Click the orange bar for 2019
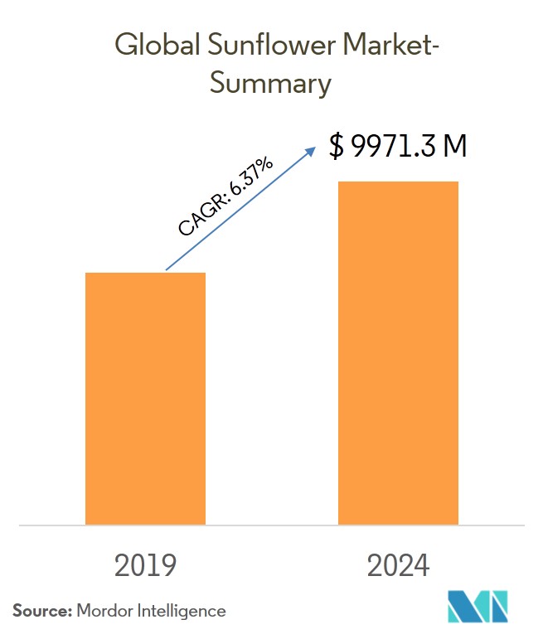tap(145, 398)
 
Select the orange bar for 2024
tap(398, 352)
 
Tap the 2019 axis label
tap(145, 565)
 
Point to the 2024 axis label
tap(398, 565)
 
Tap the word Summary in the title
tap(271, 84)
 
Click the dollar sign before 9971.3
tap(336, 147)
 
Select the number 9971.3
tap(394, 147)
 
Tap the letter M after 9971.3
tap(455, 147)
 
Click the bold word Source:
tap(41, 611)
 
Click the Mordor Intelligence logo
tap(477, 607)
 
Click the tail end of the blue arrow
tap(167, 269)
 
